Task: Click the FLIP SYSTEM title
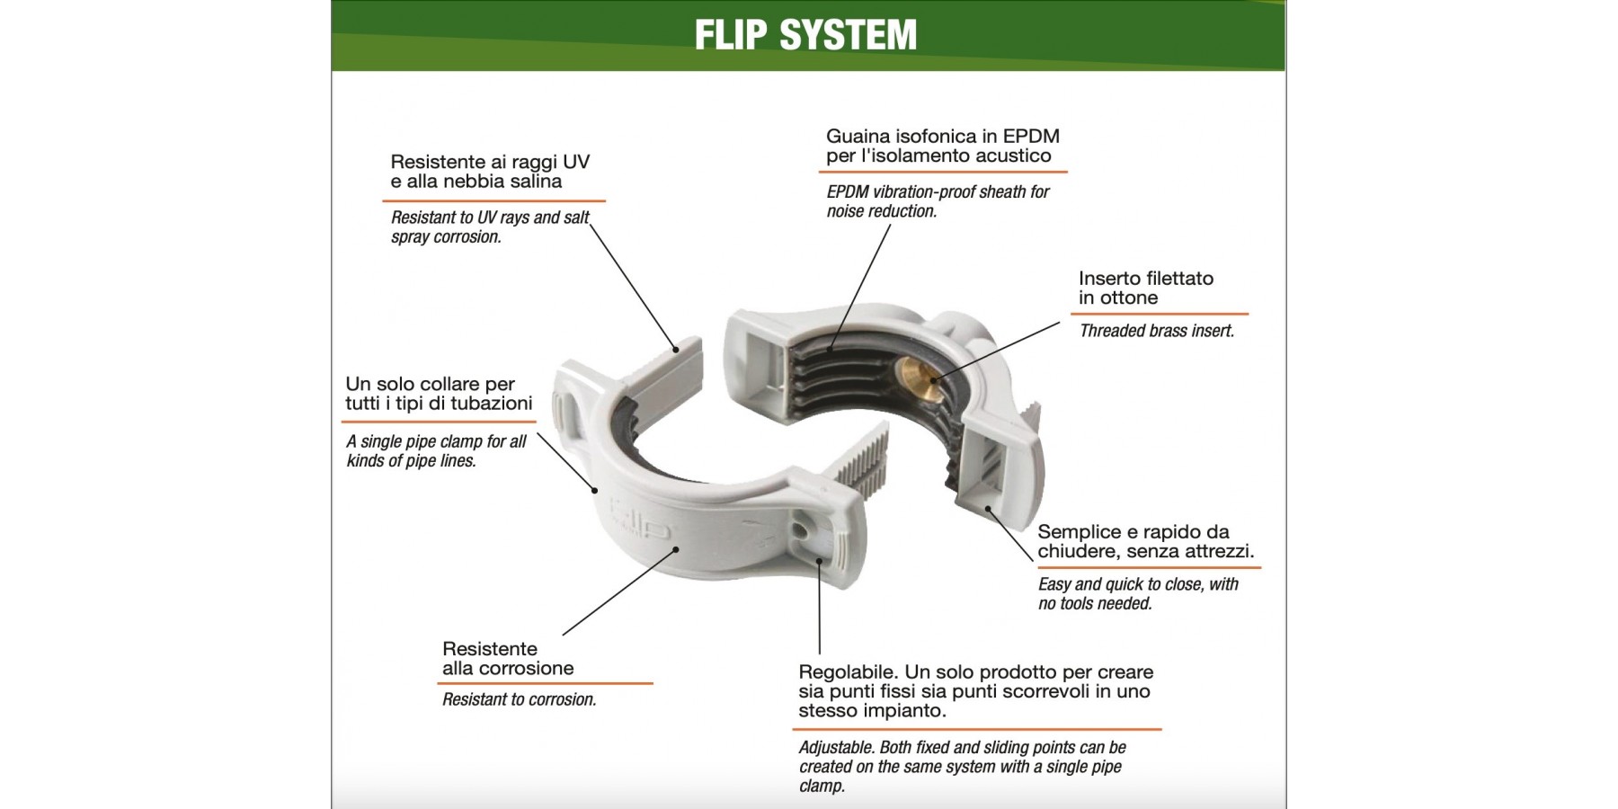[805, 35]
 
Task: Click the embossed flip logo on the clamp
[641, 522]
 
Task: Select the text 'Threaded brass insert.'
[1156, 331]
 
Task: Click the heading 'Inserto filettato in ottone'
[1145, 288]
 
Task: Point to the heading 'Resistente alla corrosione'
[507, 658]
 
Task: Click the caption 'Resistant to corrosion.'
[519, 699]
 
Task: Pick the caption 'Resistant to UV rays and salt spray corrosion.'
[489, 227]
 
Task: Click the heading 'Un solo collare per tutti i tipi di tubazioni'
[438, 394]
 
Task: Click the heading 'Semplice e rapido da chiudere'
[1144, 541]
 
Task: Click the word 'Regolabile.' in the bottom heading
[847, 672]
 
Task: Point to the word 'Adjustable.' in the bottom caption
[836, 748]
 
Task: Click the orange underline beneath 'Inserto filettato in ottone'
[1159, 314]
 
